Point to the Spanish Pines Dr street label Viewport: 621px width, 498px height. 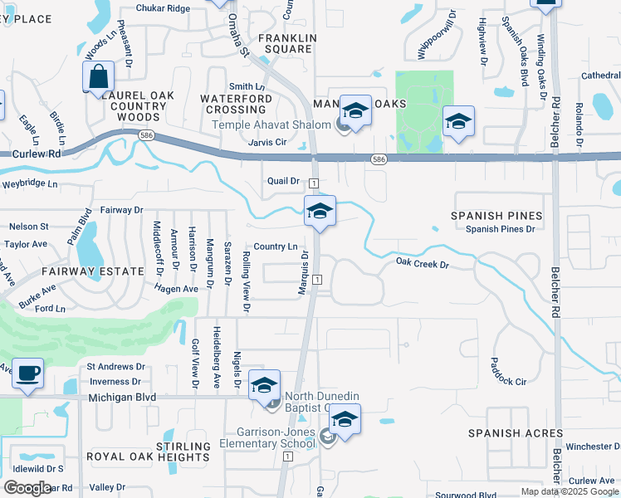(x=504, y=229)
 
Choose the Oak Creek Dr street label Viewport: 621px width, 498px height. (x=422, y=264)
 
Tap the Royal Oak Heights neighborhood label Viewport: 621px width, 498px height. (x=149, y=456)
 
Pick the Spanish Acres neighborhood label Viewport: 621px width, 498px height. (x=515, y=433)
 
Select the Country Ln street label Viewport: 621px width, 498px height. (x=276, y=247)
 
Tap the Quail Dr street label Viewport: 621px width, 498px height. (x=283, y=181)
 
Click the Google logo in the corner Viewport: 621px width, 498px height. (x=27, y=488)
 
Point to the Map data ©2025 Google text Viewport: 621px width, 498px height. (x=570, y=491)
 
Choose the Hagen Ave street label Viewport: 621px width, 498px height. (x=176, y=288)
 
